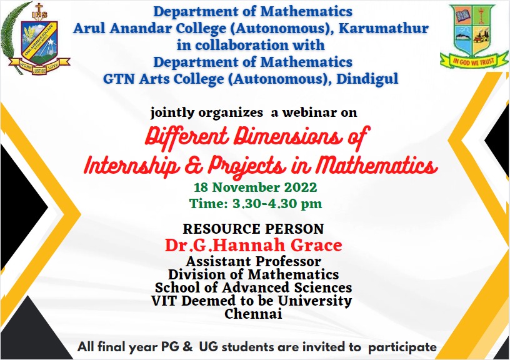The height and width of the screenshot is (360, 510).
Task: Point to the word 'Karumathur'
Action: coord(384,28)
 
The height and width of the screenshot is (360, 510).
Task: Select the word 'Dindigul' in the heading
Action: coord(367,79)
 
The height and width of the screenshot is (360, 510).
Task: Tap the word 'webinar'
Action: coord(304,112)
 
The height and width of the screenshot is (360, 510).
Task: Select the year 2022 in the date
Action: coord(301,187)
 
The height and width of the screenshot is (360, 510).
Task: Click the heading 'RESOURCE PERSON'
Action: coord(253,229)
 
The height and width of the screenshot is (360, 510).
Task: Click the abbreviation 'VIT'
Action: coord(164,301)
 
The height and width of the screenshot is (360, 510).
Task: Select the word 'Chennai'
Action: coord(253,314)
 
